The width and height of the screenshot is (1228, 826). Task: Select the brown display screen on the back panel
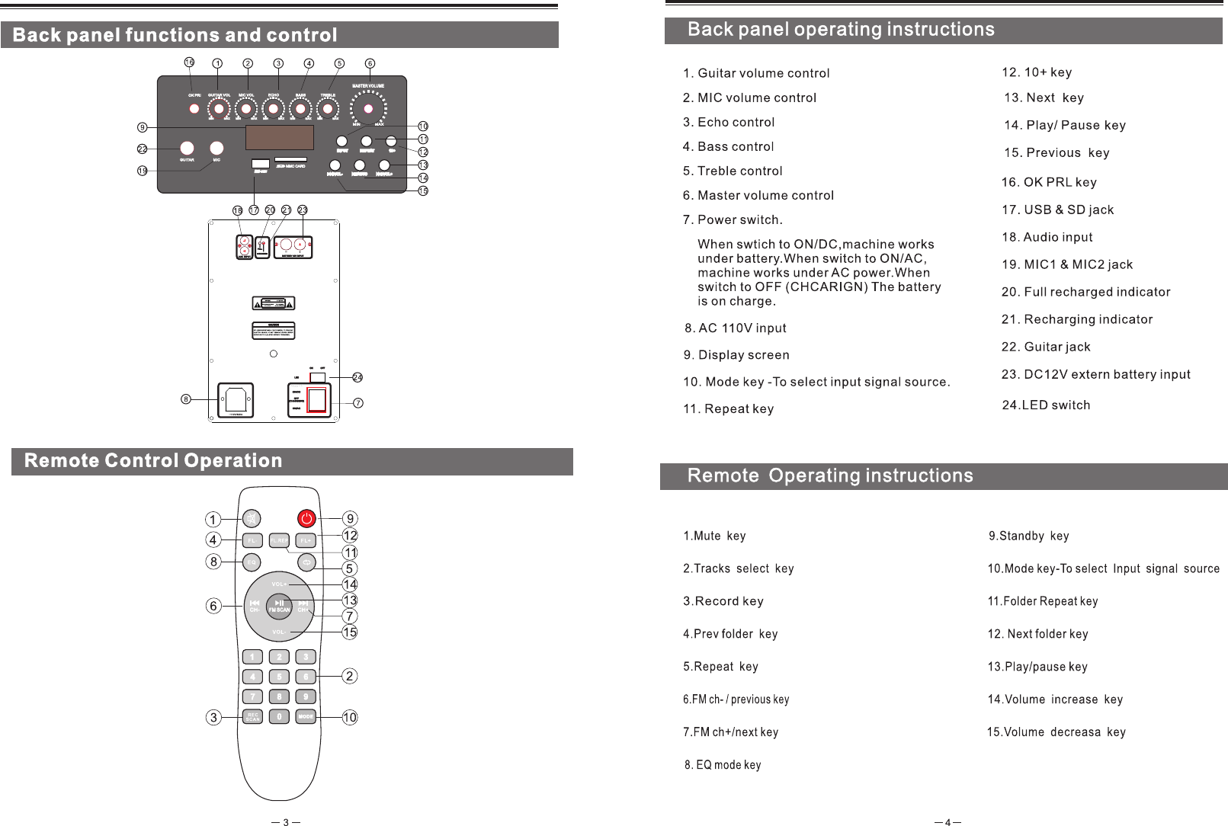click(x=280, y=137)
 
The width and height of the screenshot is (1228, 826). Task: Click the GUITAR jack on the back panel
click(x=187, y=148)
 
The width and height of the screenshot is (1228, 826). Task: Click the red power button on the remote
click(x=306, y=519)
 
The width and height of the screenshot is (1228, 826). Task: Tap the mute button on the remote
click(x=252, y=519)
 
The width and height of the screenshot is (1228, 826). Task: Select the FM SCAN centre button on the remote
click(x=279, y=606)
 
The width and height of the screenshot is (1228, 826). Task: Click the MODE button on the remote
click(x=306, y=716)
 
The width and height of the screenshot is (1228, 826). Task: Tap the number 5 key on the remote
click(x=279, y=677)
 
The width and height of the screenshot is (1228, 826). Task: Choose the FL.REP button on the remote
click(x=279, y=540)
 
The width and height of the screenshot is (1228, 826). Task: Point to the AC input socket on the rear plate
click(x=236, y=399)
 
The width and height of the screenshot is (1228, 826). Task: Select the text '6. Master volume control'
click(x=758, y=196)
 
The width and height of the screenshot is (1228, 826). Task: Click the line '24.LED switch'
click(x=1045, y=405)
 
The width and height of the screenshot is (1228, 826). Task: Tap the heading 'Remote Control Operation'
click(x=153, y=461)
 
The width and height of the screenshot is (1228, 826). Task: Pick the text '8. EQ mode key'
click(x=722, y=765)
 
